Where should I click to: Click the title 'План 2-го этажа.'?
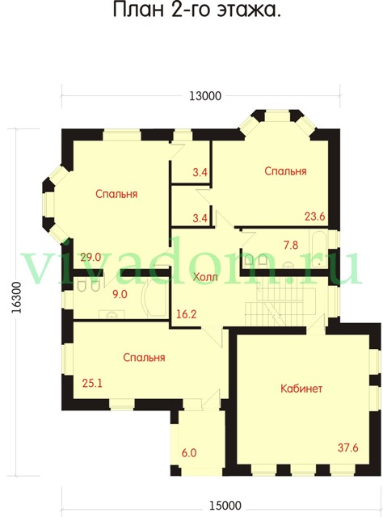click(x=197, y=10)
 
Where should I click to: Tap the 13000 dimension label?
click(x=205, y=96)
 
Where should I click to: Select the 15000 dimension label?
click(x=225, y=505)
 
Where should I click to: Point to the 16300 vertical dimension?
click(x=16, y=298)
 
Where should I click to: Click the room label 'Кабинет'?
click(x=301, y=389)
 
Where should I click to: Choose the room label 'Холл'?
click(x=205, y=277)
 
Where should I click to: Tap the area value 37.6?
click(x=347, y=448)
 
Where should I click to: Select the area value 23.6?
click(x=314, y=216)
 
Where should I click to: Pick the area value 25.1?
click(x=92, y=383)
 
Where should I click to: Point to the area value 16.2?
click(x=187, y=314)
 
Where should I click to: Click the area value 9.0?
click(x=120, y=294)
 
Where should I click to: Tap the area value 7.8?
click(x=291, y=245)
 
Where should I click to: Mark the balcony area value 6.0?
click(x=189, y=452)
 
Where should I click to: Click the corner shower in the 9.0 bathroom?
click(x=154, y=298)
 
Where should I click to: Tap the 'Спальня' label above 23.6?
click(x=285, y=171)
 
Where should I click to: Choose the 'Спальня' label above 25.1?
click(x=144, y=357)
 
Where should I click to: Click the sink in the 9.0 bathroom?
click(x=112, y=314)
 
